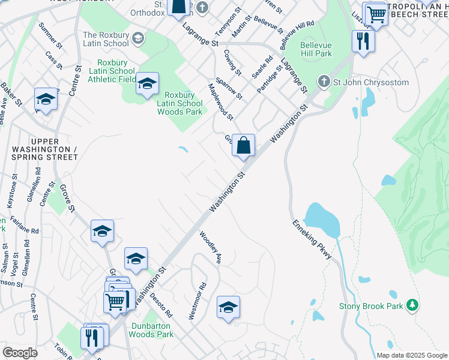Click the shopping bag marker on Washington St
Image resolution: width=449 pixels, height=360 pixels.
tap(243, 145)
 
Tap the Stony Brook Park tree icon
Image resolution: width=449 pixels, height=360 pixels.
tap(412, 305)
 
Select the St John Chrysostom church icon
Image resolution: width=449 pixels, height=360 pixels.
tap(324, 82)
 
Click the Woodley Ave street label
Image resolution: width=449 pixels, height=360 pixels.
tap(211, 248)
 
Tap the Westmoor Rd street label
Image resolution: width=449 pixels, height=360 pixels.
tap(198, 301)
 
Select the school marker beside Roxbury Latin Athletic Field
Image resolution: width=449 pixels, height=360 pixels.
tap(146, 84)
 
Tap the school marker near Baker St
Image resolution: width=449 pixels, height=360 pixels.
tap(46, 100)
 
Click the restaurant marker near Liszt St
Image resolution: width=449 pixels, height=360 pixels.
tap(363, 41)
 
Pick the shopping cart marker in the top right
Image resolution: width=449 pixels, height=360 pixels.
tap(376, 14)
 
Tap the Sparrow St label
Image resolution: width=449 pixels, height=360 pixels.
tap(229, 88)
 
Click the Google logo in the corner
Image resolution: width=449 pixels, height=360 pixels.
tap(20, 353)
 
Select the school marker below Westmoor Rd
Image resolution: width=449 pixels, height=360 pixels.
tap(228, 308)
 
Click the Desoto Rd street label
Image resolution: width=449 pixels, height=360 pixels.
tap(161, 305)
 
